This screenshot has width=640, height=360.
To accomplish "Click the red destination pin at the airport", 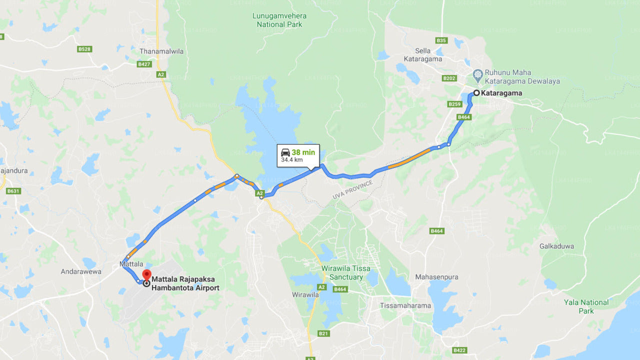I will (x=146, y=274).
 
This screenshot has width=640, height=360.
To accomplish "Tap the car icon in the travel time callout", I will (x=285, y=152).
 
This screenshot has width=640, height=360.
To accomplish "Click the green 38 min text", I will (x=303, y=152).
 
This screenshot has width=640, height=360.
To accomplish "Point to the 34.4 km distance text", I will (x=291, y=160).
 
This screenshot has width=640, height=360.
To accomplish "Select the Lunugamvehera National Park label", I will (x=279, y=20).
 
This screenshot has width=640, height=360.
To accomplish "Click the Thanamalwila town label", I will (x=161, y=51).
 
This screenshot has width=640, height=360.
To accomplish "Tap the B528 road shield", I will (x=84, y=49).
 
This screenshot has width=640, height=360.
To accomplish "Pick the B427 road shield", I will (x=144, y=64).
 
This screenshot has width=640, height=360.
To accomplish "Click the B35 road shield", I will (x=441, y=40).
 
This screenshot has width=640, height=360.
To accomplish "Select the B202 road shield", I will (x=449, y=78).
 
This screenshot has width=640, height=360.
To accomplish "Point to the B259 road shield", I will (x=454, y=104).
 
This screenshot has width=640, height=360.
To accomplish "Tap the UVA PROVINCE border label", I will (x=352, y=190).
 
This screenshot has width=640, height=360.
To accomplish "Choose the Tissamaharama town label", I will (x=405, y=305).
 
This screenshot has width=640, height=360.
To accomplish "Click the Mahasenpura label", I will (x=436, y=277).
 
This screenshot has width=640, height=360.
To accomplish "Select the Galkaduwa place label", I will (x=556, y=246).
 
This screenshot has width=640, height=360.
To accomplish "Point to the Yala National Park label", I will (x=586, y=306).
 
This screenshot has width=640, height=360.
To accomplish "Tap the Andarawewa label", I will (x=81, y=271).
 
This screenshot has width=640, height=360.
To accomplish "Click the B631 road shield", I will (x=13, y=191).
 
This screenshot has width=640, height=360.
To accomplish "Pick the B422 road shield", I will (x=459, y=350).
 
